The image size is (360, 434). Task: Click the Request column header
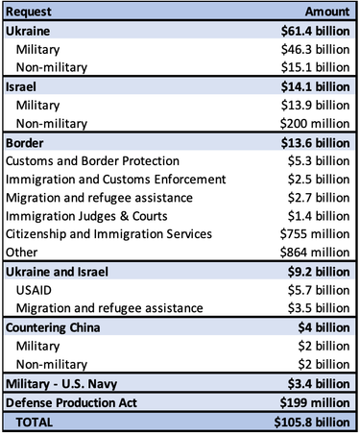click(33, 12)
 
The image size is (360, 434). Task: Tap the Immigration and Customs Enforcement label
click(115, 178)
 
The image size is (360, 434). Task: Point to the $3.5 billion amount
click(318, 308)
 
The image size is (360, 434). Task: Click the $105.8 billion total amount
click(310, 422)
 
